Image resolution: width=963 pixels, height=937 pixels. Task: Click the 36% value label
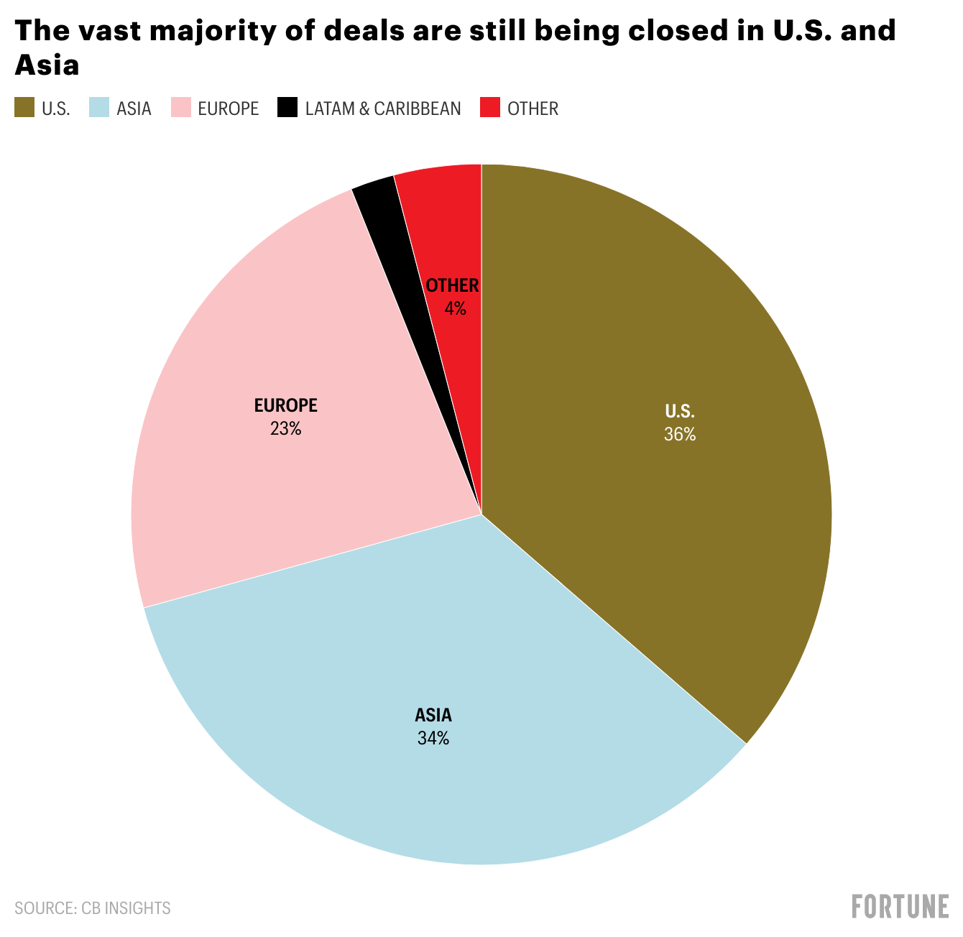(680, 435)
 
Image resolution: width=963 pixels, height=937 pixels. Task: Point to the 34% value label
(433, 738)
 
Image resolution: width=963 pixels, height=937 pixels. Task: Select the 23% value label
(285, 429)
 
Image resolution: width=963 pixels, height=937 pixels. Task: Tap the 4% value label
(455, 309)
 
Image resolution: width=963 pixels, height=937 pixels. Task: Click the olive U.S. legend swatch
(24, 108)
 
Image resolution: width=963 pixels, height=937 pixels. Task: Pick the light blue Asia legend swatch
(98, 108)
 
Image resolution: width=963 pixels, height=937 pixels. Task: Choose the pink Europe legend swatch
(180, 108)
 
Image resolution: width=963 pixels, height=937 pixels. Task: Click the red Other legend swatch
(490, 108)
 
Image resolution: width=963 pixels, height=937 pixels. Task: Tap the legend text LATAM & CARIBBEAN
(383, 109)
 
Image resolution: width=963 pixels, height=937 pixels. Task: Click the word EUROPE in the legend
(228, 109)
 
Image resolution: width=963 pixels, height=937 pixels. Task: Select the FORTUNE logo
(900, 907)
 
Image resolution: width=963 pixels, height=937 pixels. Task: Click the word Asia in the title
(47, 65)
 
